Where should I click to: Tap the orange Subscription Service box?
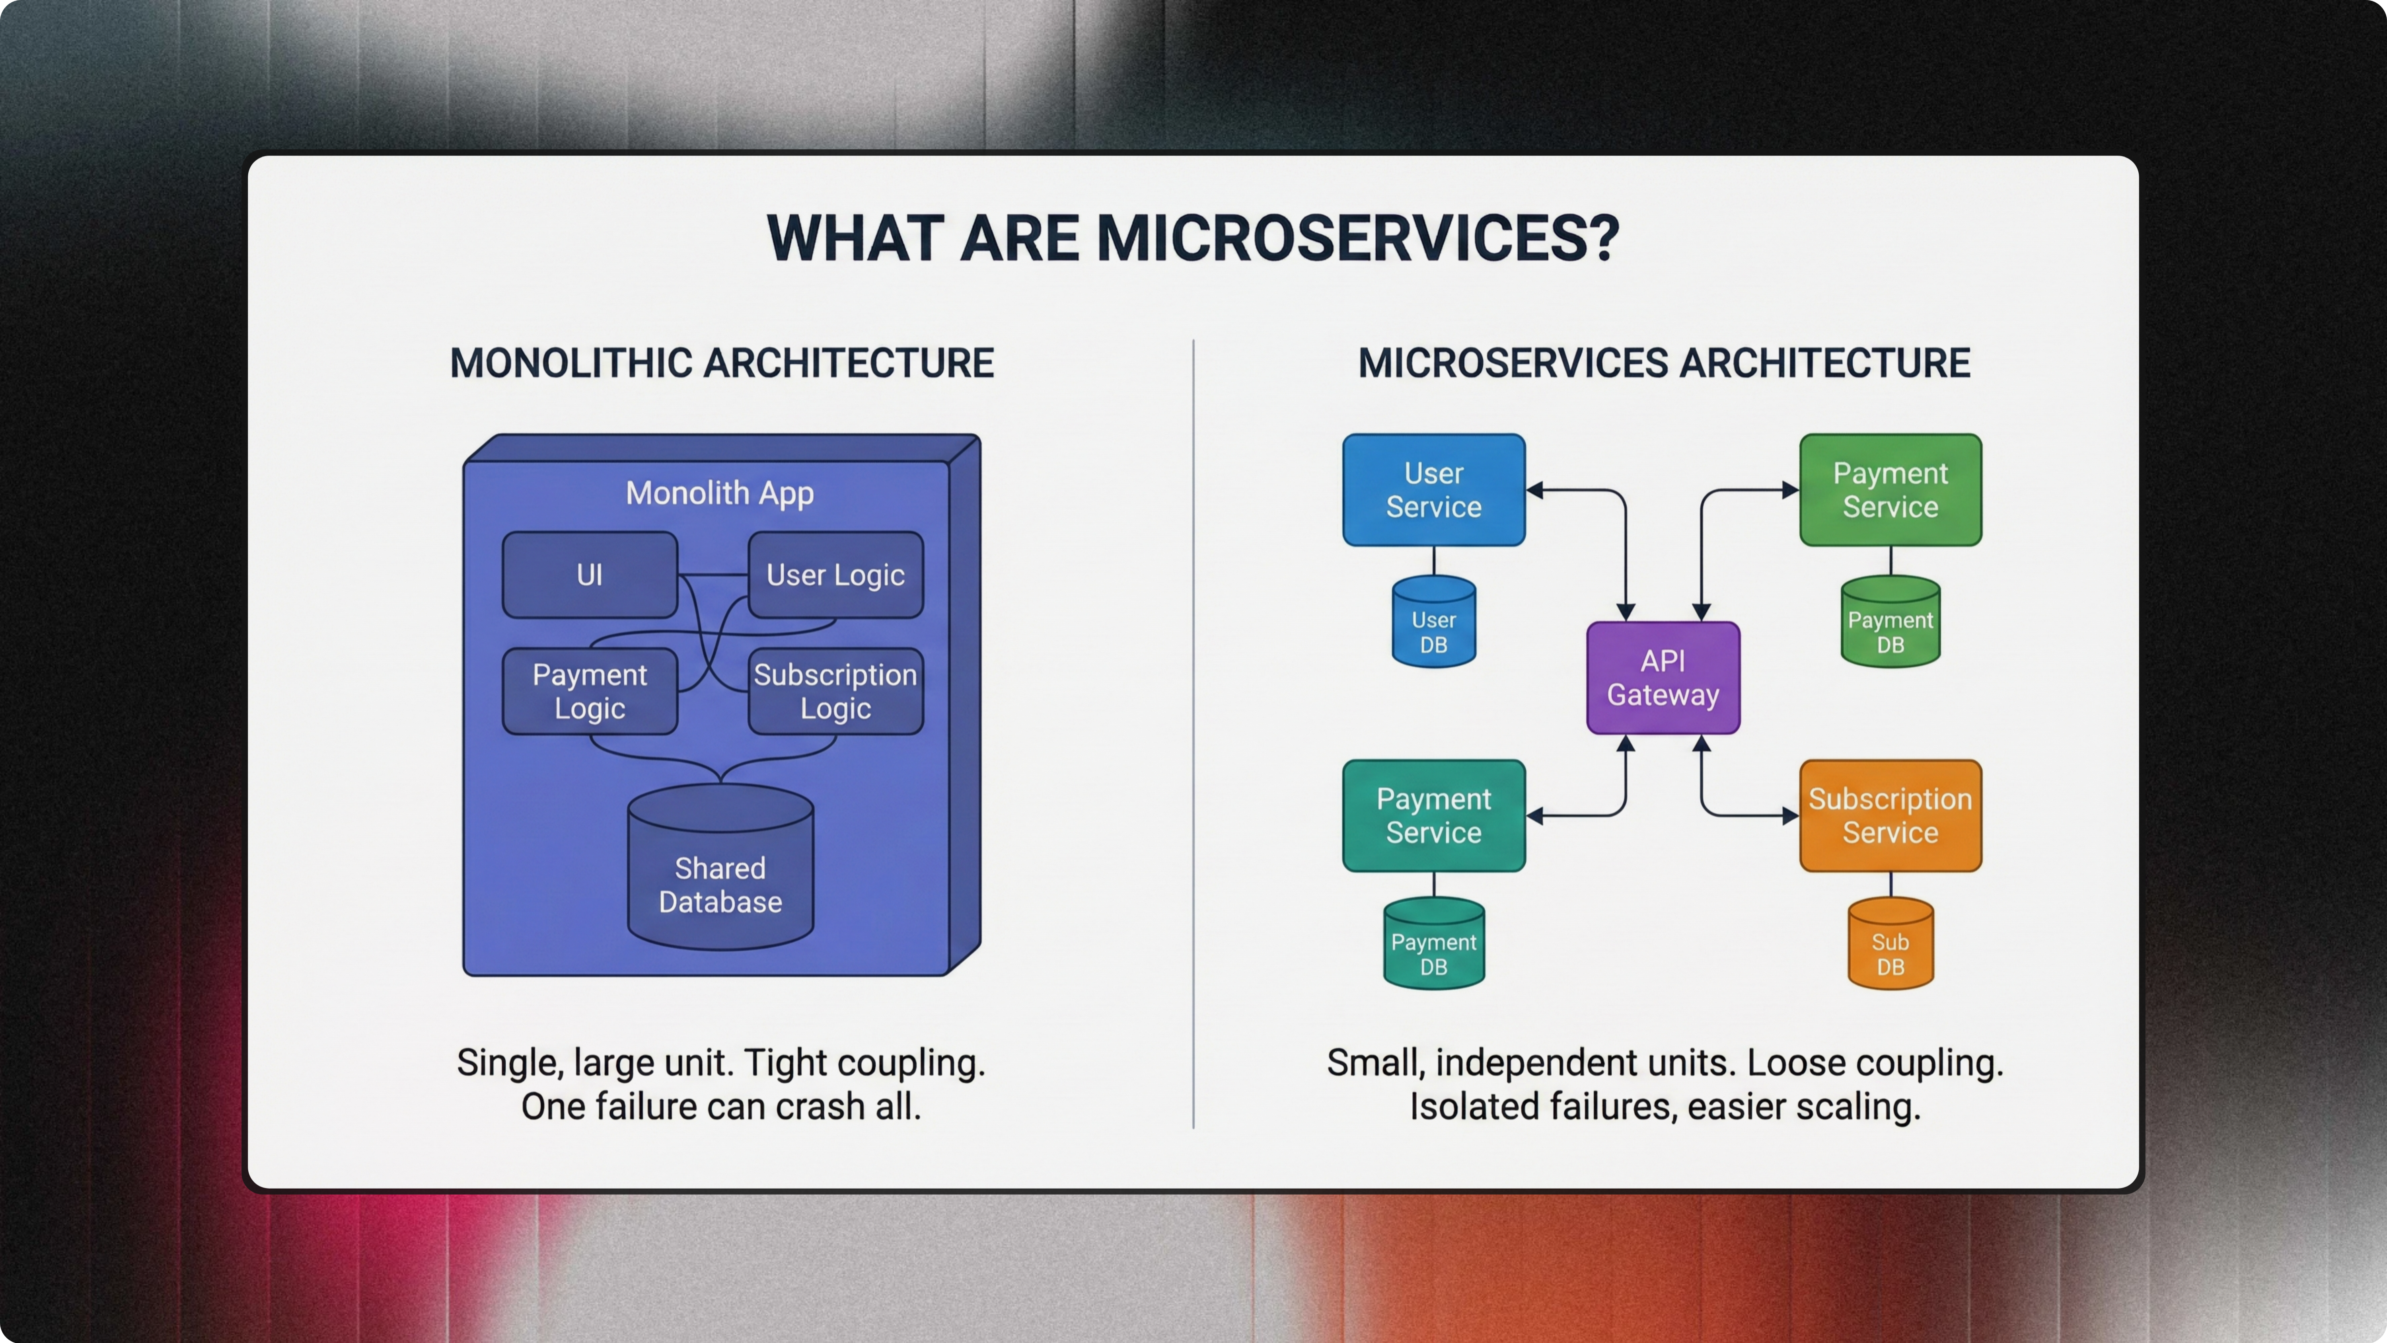pyautogui.click(x=1891, y=816)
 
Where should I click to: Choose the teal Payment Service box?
pyautogui.click(x=1433, y=816)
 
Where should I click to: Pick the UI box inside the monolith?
pyautogui.click(x=589, y=575)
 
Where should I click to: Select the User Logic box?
pyautogui.click(x=835, y=575)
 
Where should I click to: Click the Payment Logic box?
pyautogui.click(x=589, y=692)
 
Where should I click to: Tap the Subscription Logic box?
pyautogui.click(x=835, y=692)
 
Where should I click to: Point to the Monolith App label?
pyautogui.click(x=720, y=493)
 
